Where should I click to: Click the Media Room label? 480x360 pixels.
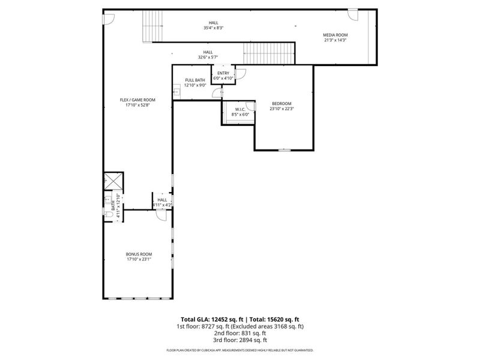pyautogui.click(x=336, y=35)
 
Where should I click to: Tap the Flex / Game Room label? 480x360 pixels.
pyautogui.click(x=137, y=100)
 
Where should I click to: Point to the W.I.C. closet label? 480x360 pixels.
pyautogui.click(x=240, y=109)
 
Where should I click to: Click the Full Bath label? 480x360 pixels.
pyautogui.click(x=195, y=80)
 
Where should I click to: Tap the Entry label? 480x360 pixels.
pyautogui.click(x=223, y=73)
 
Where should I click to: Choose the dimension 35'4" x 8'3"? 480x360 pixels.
pyautogui.click(x=214, y=28)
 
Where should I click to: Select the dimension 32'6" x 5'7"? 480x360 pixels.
pyautogui.click(x=208, y=58)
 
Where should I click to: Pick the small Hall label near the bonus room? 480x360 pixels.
pyautogui.click(x=162, y=200)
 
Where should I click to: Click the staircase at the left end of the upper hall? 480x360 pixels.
pyautogui.click(x=152, y=27)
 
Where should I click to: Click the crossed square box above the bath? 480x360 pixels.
pyautogui.click(x=113, y=181)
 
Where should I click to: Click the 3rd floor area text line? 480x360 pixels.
pyautogui.click(x=240, y=340)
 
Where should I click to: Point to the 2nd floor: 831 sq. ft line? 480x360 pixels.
pyautogui.click(x=240, y=333)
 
